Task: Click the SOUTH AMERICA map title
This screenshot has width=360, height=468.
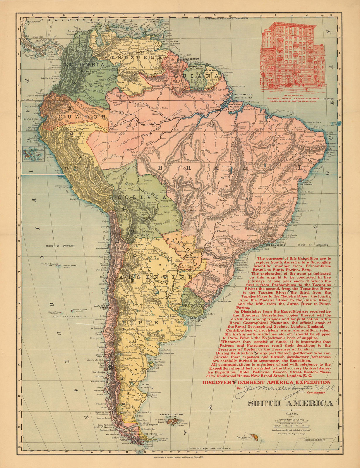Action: pos(290,403)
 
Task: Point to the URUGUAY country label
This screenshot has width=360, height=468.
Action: pos(192,305)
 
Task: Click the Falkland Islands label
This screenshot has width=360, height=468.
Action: pos(172,415)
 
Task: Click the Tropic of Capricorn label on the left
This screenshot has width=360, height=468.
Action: pos(59,246)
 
